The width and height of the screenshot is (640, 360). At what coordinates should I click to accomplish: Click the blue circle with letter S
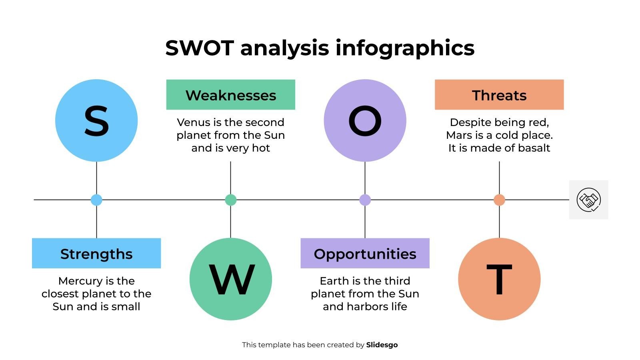tap(96, 120)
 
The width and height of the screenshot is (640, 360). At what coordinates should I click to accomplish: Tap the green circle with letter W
tap(231, 279)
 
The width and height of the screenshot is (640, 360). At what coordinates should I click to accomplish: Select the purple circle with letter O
tap(365, 120)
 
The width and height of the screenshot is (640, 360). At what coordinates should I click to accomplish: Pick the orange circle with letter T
tap(499, 279)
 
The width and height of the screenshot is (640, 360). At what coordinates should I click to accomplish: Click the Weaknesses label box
tap(231, 95)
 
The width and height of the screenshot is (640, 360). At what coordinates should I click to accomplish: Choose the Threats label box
tap(499, 95)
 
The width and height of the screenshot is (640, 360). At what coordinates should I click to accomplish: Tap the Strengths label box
tap(96, 254)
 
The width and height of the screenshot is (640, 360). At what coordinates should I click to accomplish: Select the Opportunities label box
tap(365, 254)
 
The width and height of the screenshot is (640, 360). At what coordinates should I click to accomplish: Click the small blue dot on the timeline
tap(96, 200)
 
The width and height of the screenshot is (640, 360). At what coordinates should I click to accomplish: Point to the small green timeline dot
tap(231, 200)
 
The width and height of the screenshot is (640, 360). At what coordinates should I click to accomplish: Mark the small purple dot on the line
tap(365, 200)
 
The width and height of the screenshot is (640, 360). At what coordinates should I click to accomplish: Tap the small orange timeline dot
tap(499, 200)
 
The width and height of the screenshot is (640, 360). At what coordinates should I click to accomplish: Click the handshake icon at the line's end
tap(588, 200)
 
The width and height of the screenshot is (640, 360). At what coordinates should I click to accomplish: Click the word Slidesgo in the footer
tap(382, 345)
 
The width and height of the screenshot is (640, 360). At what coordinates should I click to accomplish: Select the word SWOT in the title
tap(199, 48)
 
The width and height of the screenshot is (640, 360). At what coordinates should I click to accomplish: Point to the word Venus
tap(193, 122)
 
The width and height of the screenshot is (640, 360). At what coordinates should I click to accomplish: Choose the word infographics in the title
tap(405, 49)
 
